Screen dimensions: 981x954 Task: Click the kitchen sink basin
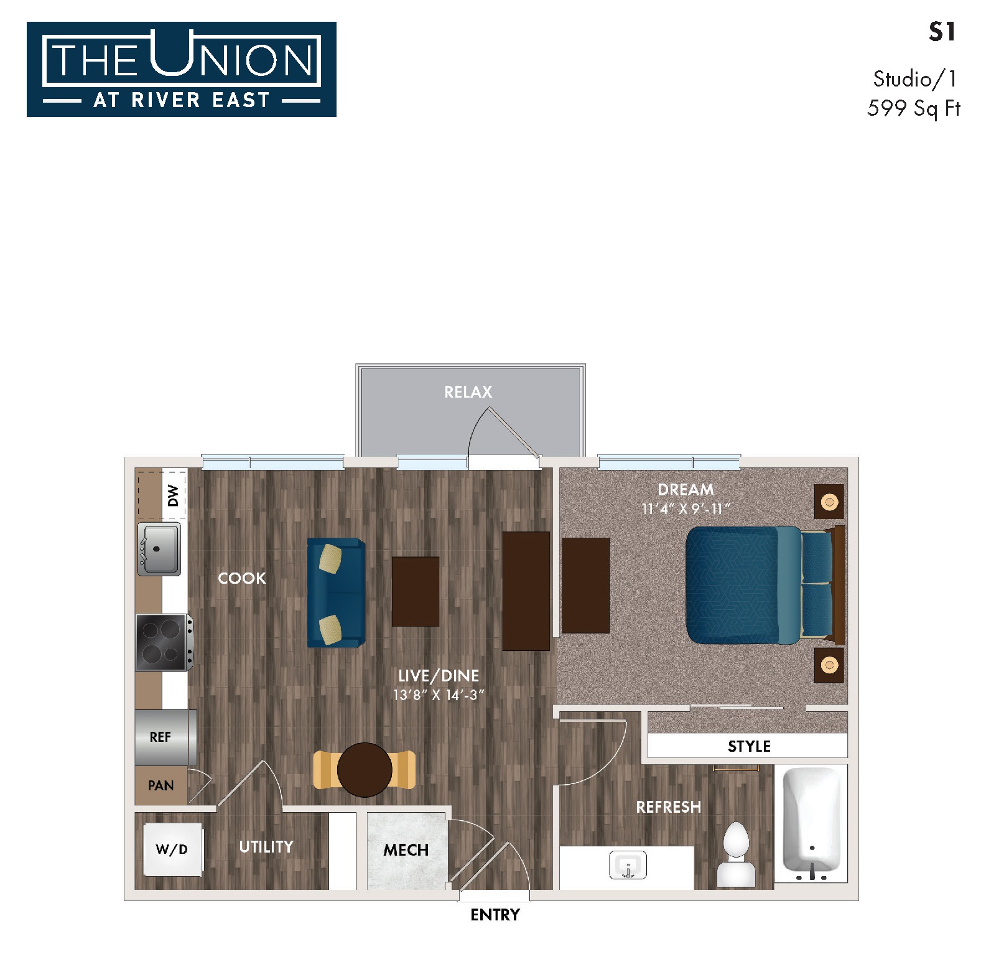(159, 549)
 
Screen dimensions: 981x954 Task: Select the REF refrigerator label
(160, 737)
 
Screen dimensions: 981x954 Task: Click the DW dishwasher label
(173, 495)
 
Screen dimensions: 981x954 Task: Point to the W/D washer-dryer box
(172, 849)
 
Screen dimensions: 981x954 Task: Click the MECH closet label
(406, 850)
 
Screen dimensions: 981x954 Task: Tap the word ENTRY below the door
(495, 915)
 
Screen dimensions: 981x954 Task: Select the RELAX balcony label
(468, 392)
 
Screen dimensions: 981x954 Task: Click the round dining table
(365, 770)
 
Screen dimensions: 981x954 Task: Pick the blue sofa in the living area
(336, 592)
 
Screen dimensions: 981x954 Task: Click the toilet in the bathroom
(737, 854)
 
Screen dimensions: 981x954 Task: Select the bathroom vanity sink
(628, 865)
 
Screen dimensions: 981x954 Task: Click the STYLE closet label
(749, 747)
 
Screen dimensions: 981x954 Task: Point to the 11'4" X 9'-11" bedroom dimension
(686, 509)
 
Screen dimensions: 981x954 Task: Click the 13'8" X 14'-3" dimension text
(439, 695)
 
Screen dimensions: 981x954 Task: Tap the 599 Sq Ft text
(914, 108)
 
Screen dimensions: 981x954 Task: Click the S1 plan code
(942, 32)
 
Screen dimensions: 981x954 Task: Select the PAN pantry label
(160, 785)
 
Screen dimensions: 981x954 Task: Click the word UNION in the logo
(231, 55)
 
